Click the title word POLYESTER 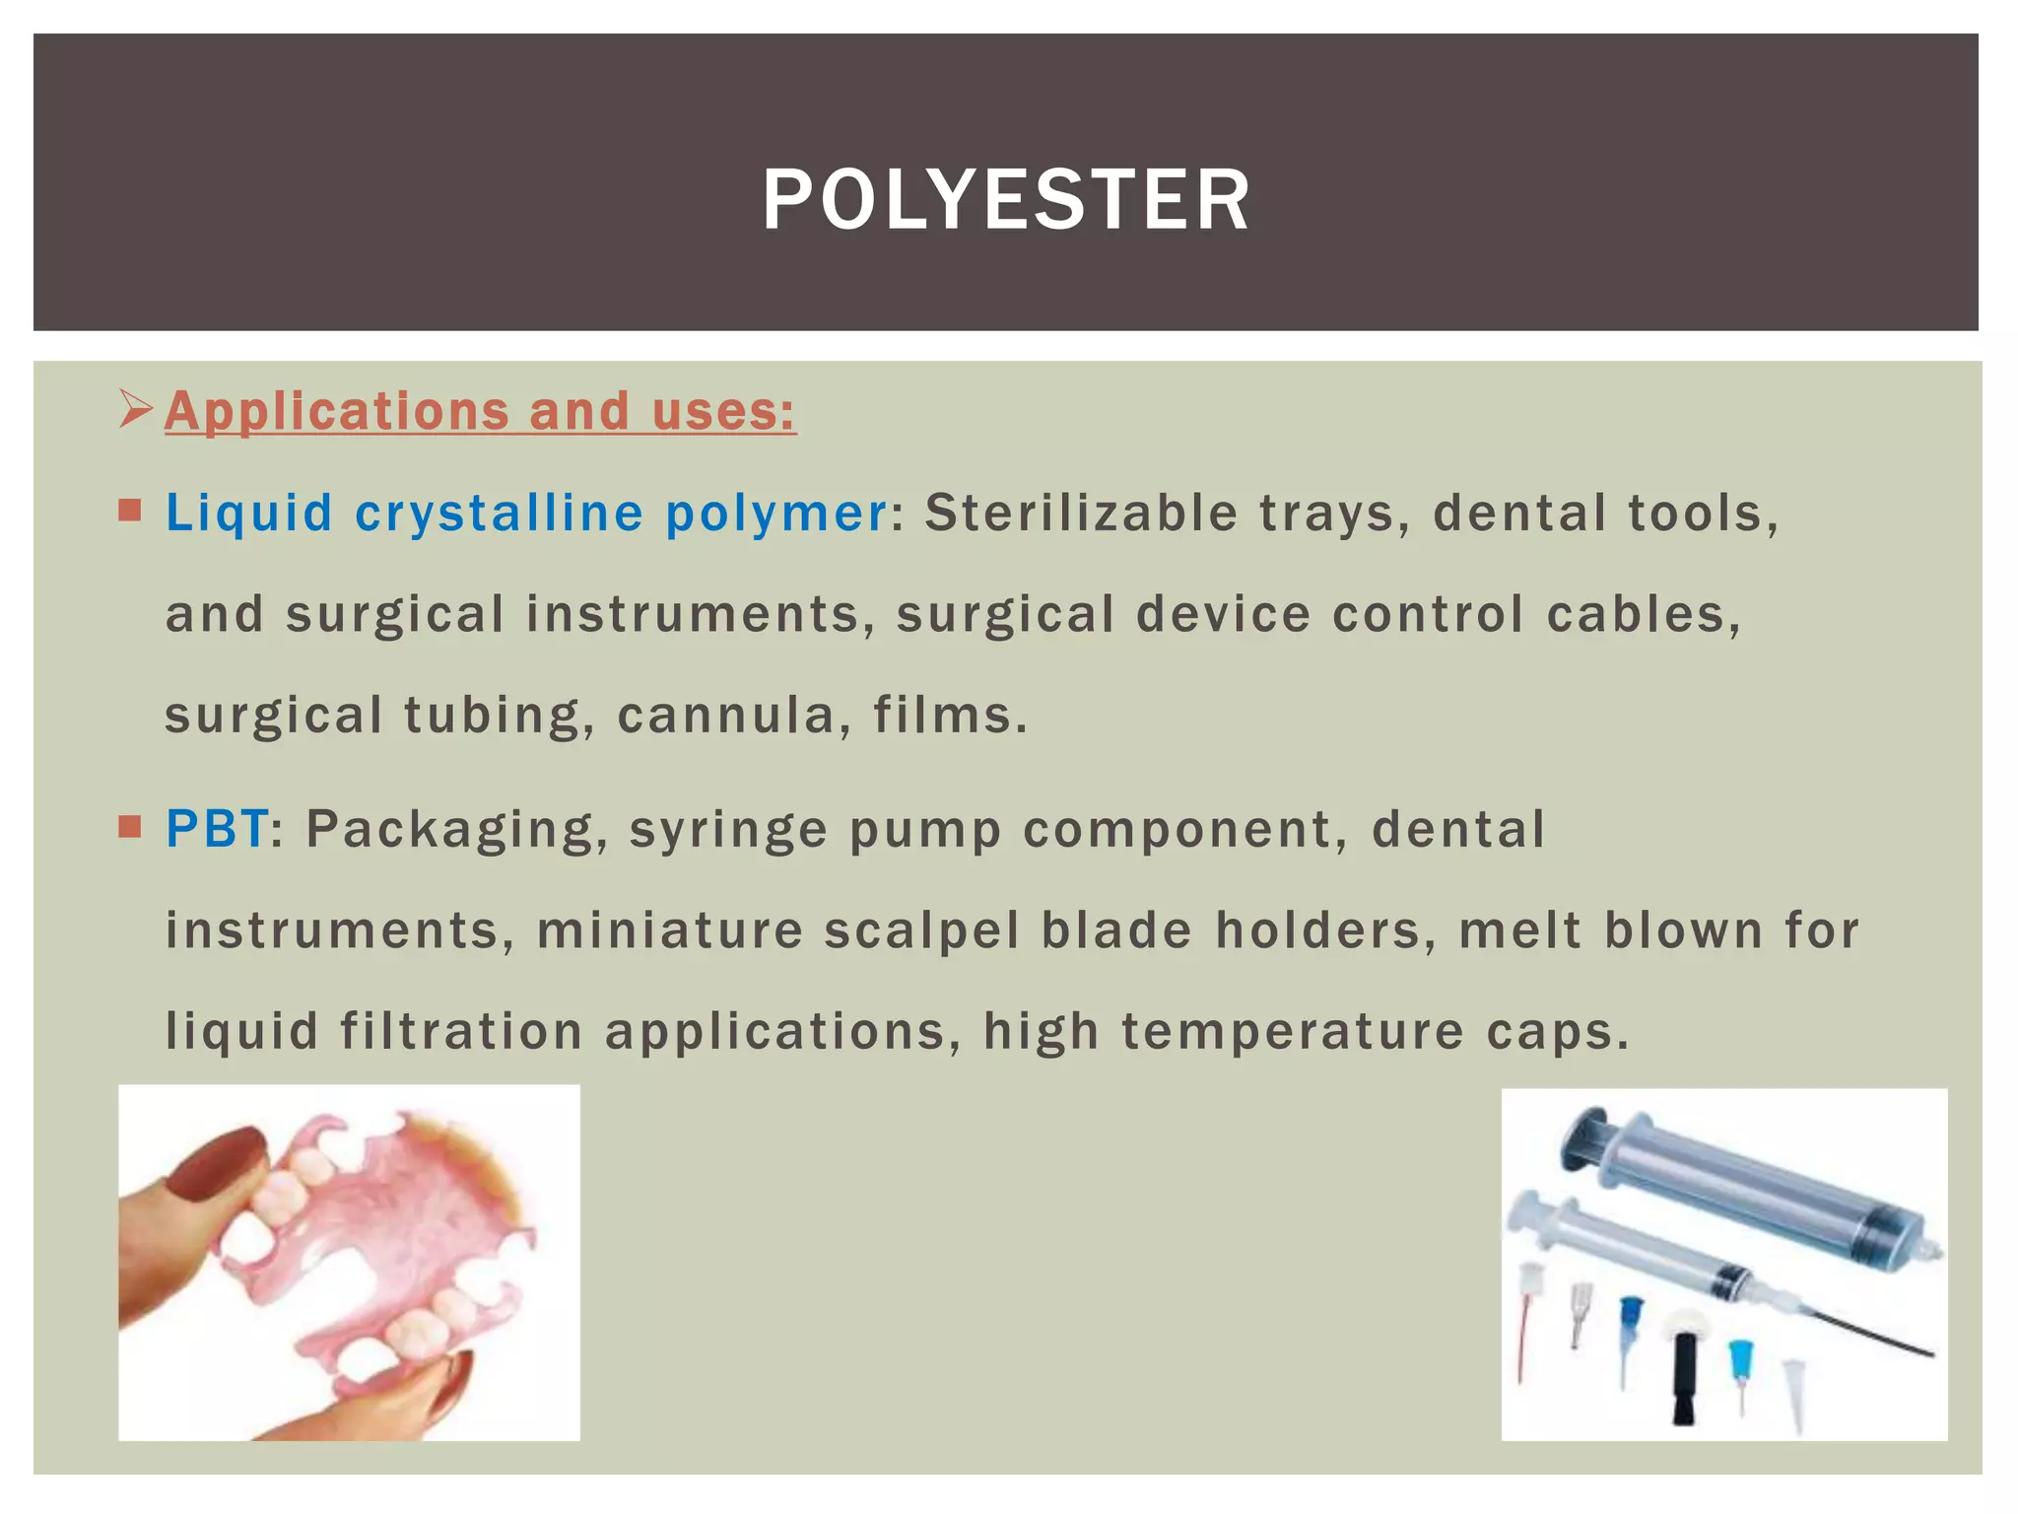[x=1006, y=200]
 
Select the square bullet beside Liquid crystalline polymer [x=130, y=511]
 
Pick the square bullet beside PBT [x=130, y=826]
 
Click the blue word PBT [x=217, y=828]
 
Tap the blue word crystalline [x=499, y=513]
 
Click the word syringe [x=728, y=829]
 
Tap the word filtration [x=461, y=1031]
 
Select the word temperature [x=1293, y=1031]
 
